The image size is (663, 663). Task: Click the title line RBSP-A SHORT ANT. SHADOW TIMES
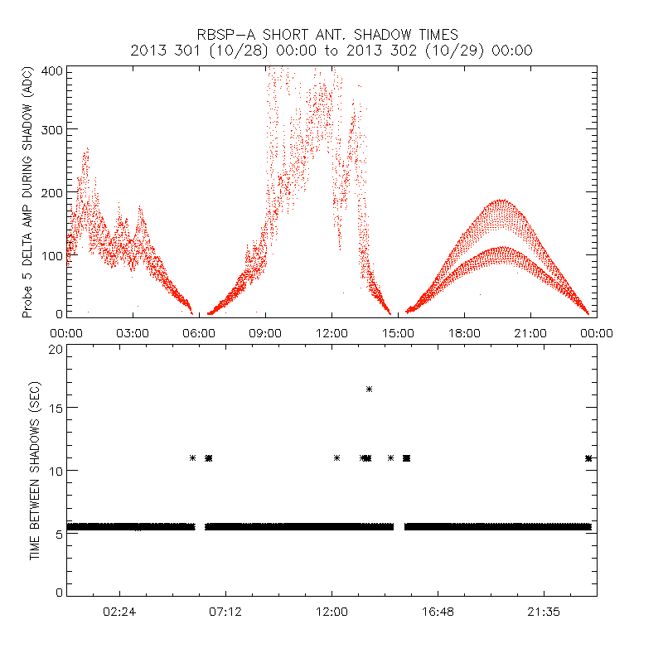tap(331, 34)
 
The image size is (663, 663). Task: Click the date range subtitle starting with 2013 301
tap(331, 50)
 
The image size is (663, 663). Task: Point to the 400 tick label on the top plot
tap(51, 71)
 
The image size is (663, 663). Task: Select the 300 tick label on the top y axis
tap(51, 130)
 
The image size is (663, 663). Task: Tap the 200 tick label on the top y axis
tap(51, 192)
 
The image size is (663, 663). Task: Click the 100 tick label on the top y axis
tap(51, 254)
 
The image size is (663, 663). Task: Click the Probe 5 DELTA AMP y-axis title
tap(27, 193)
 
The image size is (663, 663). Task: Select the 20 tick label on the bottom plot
tap(55, 349)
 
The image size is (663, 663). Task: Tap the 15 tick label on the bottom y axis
tap(55, 409)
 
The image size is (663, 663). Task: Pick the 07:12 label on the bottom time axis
tap(225, 611)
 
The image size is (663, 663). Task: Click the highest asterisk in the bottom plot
tap(369, 389)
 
